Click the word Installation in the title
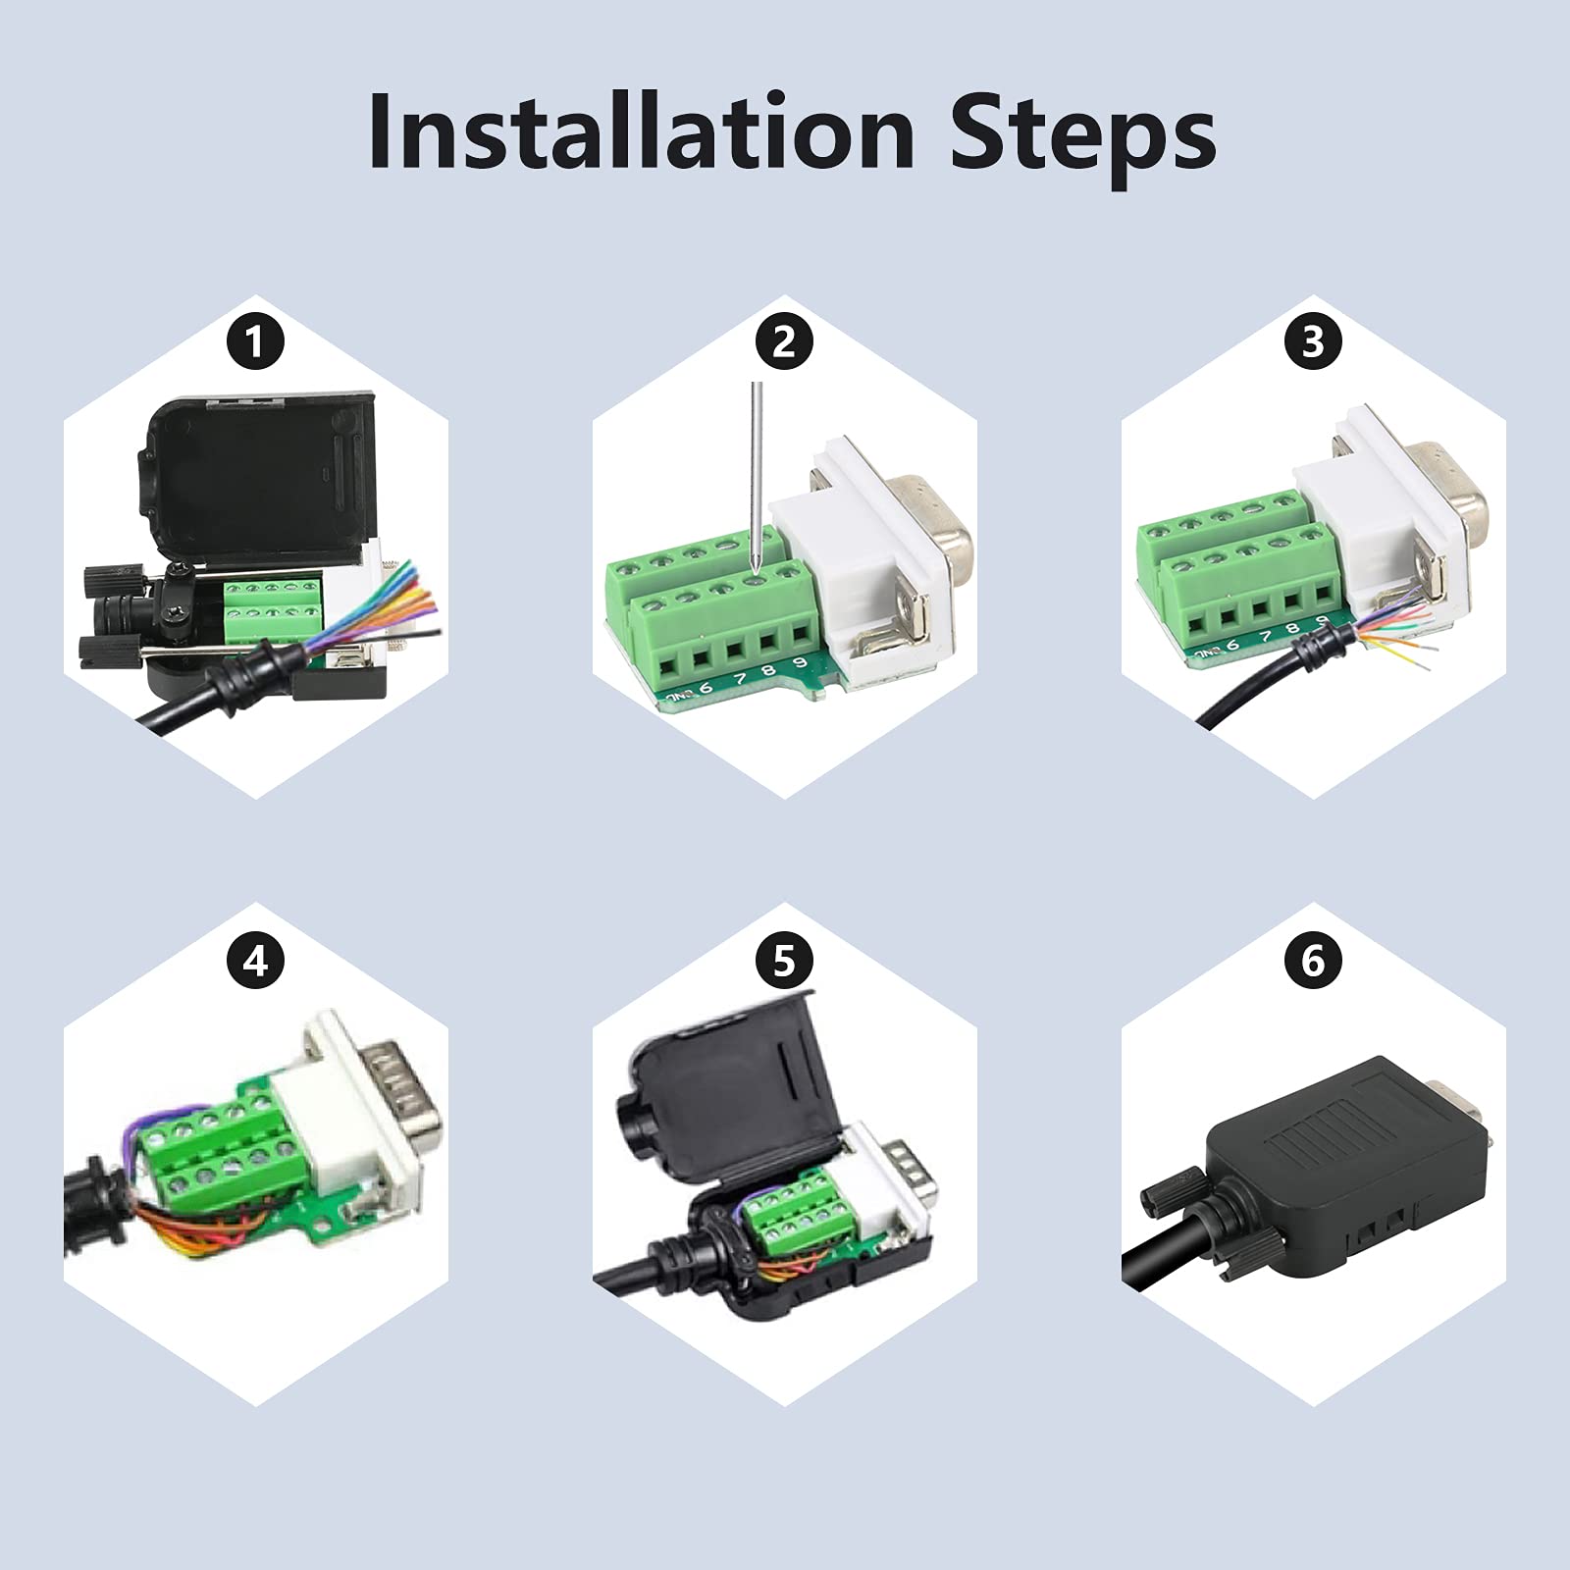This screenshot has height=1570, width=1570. pos(641,133)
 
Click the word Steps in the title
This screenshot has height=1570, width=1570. pos(1082,133)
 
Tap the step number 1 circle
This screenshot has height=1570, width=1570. pos(255,342)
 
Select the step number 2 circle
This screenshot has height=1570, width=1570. pos(784,342)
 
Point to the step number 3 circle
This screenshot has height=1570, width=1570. pos(1313,342)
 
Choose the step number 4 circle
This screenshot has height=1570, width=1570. pos(255,961)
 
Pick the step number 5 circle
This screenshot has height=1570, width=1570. pos(784,961)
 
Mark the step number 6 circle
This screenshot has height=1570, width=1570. pos(1313,961)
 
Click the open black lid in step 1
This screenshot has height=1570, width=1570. pos(260,481)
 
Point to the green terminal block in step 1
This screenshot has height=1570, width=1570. pos(263,611)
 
